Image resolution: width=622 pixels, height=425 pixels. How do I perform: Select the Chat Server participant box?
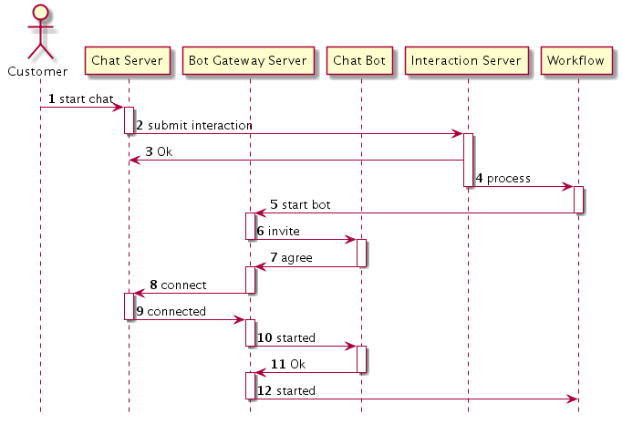(128, 61)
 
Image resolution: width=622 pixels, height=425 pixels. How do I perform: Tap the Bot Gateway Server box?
(250, 61)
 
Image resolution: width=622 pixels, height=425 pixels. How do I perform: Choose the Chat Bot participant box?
(360, 61)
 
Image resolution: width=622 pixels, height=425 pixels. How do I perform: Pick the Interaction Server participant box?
(467, 61)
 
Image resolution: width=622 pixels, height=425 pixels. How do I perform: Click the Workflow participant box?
(577, 61)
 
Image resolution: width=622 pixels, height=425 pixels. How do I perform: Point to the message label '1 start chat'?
(81, 98)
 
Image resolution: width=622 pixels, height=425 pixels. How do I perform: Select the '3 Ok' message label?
(159, 151)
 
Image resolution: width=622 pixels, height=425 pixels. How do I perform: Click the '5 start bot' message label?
(300, 204)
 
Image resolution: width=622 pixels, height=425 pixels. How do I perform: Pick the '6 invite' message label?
(277, 232)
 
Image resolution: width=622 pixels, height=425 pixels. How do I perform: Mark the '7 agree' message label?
(291, 258)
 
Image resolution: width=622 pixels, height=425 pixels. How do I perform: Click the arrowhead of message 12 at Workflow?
(573, 399)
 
